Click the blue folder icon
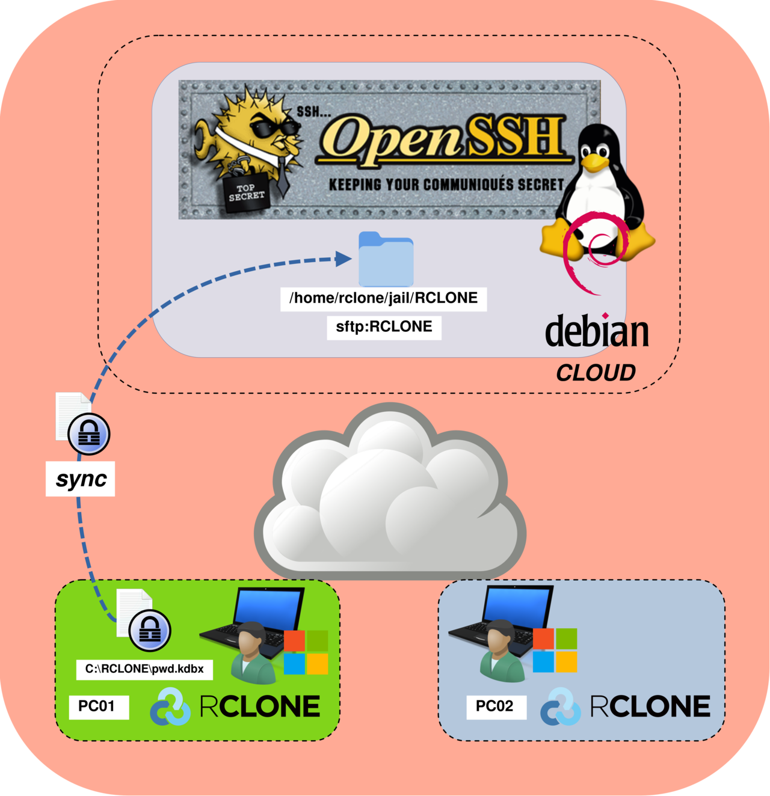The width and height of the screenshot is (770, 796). [x=386, y=260]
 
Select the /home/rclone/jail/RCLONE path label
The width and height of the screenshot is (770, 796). [x=383, y=298]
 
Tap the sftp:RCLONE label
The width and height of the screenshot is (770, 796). [x=384, y=326]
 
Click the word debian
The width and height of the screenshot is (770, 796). [x=597, y=331]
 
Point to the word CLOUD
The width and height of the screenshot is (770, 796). [x=596, y=373]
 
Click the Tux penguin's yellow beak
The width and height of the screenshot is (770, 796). [x=595, y=161]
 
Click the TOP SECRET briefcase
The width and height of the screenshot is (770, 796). [x=247, y=192]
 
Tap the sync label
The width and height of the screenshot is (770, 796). [x=81, y=479]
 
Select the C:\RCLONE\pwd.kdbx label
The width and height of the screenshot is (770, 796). [x=144, y=669]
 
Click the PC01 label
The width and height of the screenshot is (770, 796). [x=96, y=706]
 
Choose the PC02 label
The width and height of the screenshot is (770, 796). [x=494, y=706]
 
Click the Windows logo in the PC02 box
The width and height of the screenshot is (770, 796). [x=555, y=650]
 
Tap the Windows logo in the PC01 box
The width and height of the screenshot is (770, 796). [x=306, y=652]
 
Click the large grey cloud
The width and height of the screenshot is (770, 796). [x=390, y=499]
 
